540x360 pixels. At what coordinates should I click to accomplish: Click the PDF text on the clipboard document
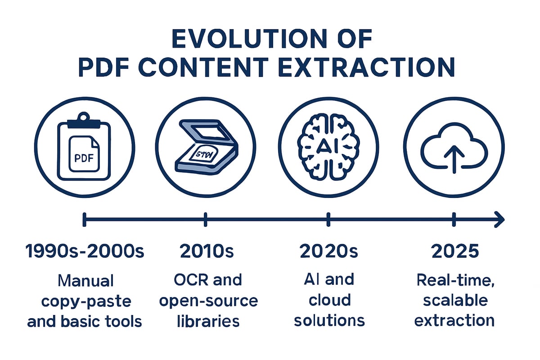(84, 158)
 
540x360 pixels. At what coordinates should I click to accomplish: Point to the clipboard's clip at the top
(84, 120)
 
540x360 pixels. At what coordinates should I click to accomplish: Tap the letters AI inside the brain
(328, 146)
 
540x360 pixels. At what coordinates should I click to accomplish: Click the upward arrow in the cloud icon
(454, 159)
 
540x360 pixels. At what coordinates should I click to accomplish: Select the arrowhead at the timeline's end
(499, 220)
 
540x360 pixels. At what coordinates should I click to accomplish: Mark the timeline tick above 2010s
(205, 220)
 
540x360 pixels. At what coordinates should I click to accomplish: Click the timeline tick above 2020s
(328, 220)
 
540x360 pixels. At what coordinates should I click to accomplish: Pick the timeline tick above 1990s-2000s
(84, 220)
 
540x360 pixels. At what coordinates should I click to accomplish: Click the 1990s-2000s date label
(85, 251)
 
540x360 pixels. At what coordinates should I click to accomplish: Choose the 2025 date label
(455, 251)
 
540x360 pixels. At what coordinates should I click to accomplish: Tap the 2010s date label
(207, 251)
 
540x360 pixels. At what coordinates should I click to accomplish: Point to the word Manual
(85, 281)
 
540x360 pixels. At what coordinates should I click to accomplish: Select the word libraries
(208, 321)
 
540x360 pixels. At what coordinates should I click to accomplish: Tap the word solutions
(329, 321)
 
